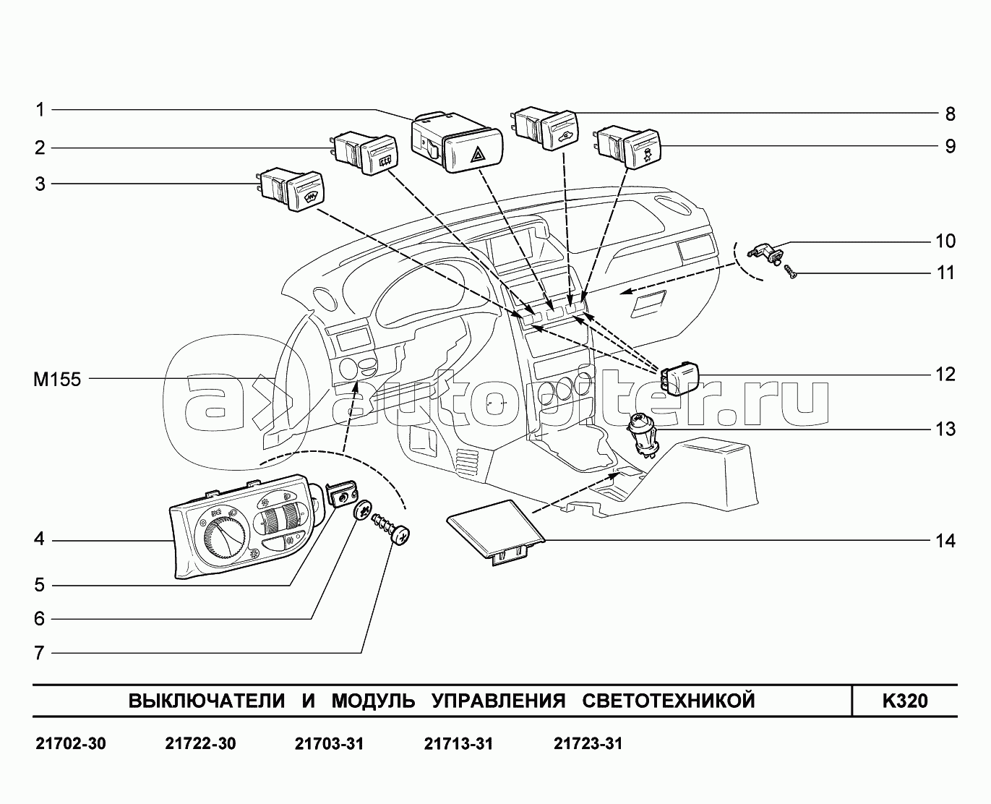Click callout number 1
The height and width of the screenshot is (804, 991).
(x=40, y=110)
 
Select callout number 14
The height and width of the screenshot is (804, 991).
(x=943, y=541)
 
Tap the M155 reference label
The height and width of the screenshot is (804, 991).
(x=57, y=379)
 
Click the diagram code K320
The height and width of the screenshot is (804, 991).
(x=904, y=701)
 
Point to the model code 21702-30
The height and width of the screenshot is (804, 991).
(x=70, y=744)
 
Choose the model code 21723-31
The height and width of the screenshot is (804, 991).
(x=588, y=744)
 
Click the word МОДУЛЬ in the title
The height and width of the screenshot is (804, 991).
(x=374, y=701)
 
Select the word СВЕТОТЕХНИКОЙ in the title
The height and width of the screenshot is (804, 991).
(x=668, y=701)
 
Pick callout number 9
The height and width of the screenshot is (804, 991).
(x=950, y=147)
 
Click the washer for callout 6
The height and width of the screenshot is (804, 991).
(x=363, y=510)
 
